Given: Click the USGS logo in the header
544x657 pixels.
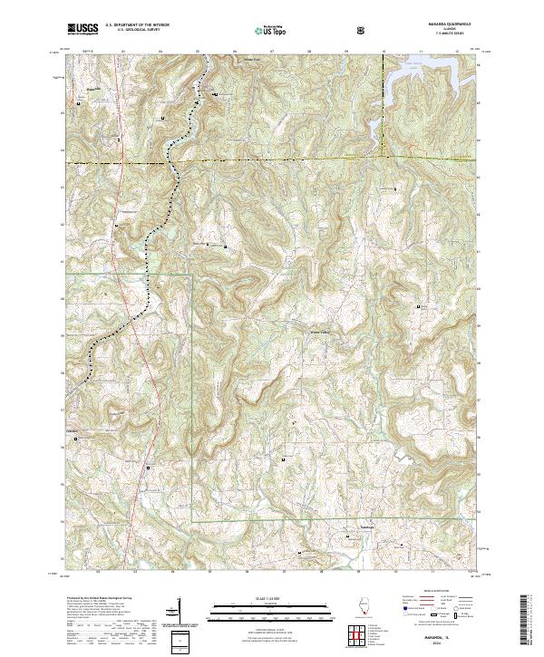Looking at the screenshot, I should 83,30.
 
